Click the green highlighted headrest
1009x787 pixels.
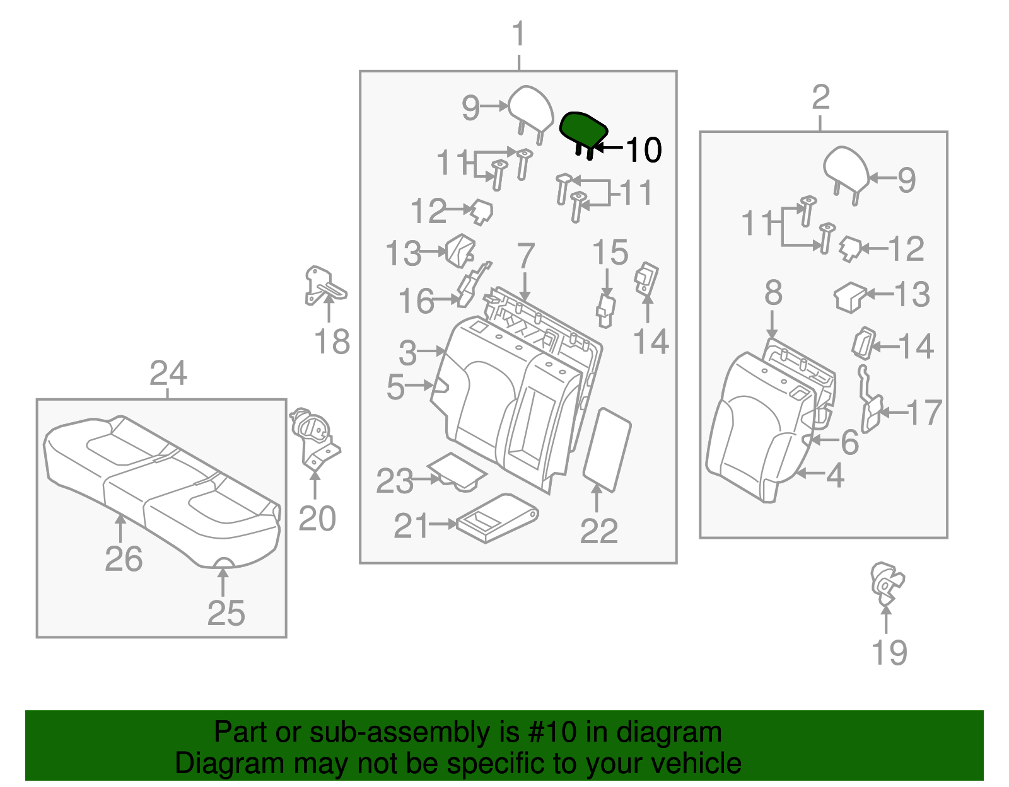(583, 129)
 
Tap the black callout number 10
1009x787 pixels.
(643, 150)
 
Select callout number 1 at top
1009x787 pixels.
(518, 34)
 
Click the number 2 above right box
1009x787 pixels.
(820, 98)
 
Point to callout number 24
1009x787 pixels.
(168, 374)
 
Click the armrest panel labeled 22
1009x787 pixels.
(607, 449)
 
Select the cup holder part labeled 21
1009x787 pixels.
(496, 517)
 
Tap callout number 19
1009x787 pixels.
(889, 652)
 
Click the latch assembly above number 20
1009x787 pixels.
(314, 437)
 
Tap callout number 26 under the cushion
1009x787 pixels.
(124, 559)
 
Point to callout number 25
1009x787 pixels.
(226, 612)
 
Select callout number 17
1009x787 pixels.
(924, 413)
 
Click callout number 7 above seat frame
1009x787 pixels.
(526, 256)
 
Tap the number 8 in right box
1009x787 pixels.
(773, 294)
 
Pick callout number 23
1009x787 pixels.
(394, 482)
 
